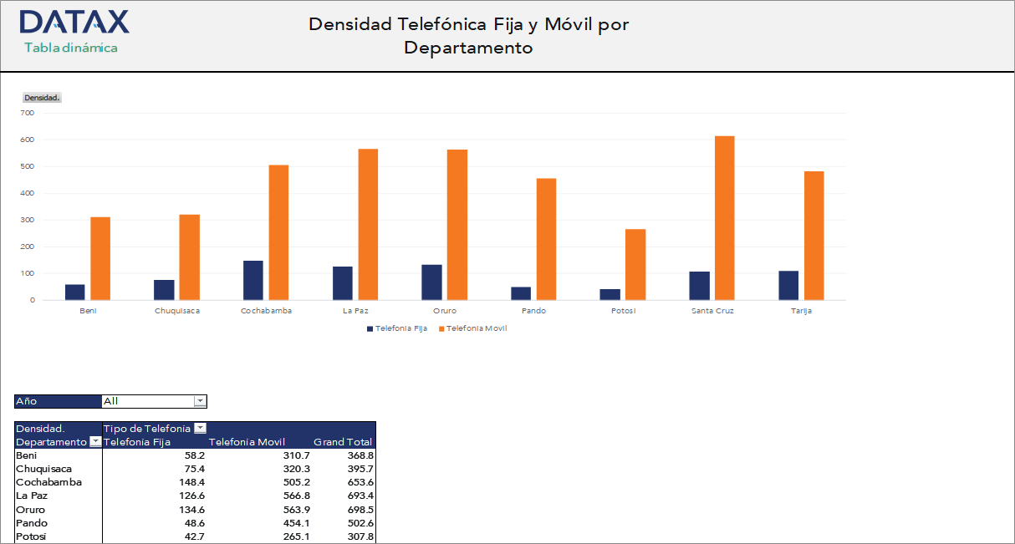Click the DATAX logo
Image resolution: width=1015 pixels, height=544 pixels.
pos(74,23)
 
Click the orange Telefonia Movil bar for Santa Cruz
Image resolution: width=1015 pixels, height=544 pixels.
pos(724,218)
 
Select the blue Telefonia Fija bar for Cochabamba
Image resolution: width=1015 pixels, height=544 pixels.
pos(253,280)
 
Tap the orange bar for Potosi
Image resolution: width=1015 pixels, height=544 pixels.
pos(635,264)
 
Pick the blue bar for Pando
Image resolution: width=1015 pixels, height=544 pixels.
pos(521,293)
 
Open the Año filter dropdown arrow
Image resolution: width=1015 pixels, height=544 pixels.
pos(200,401)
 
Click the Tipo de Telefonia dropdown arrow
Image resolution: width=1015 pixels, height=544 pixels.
pos(199,429)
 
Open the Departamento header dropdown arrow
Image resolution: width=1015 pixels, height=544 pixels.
pos(94,442)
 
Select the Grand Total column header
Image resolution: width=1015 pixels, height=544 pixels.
pos(343,442)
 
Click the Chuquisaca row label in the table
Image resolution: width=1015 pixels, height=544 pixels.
pos(43,469)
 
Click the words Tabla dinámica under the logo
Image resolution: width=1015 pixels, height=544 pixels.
pos(71,48)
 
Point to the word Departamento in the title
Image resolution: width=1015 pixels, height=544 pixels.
pos(468,48)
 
